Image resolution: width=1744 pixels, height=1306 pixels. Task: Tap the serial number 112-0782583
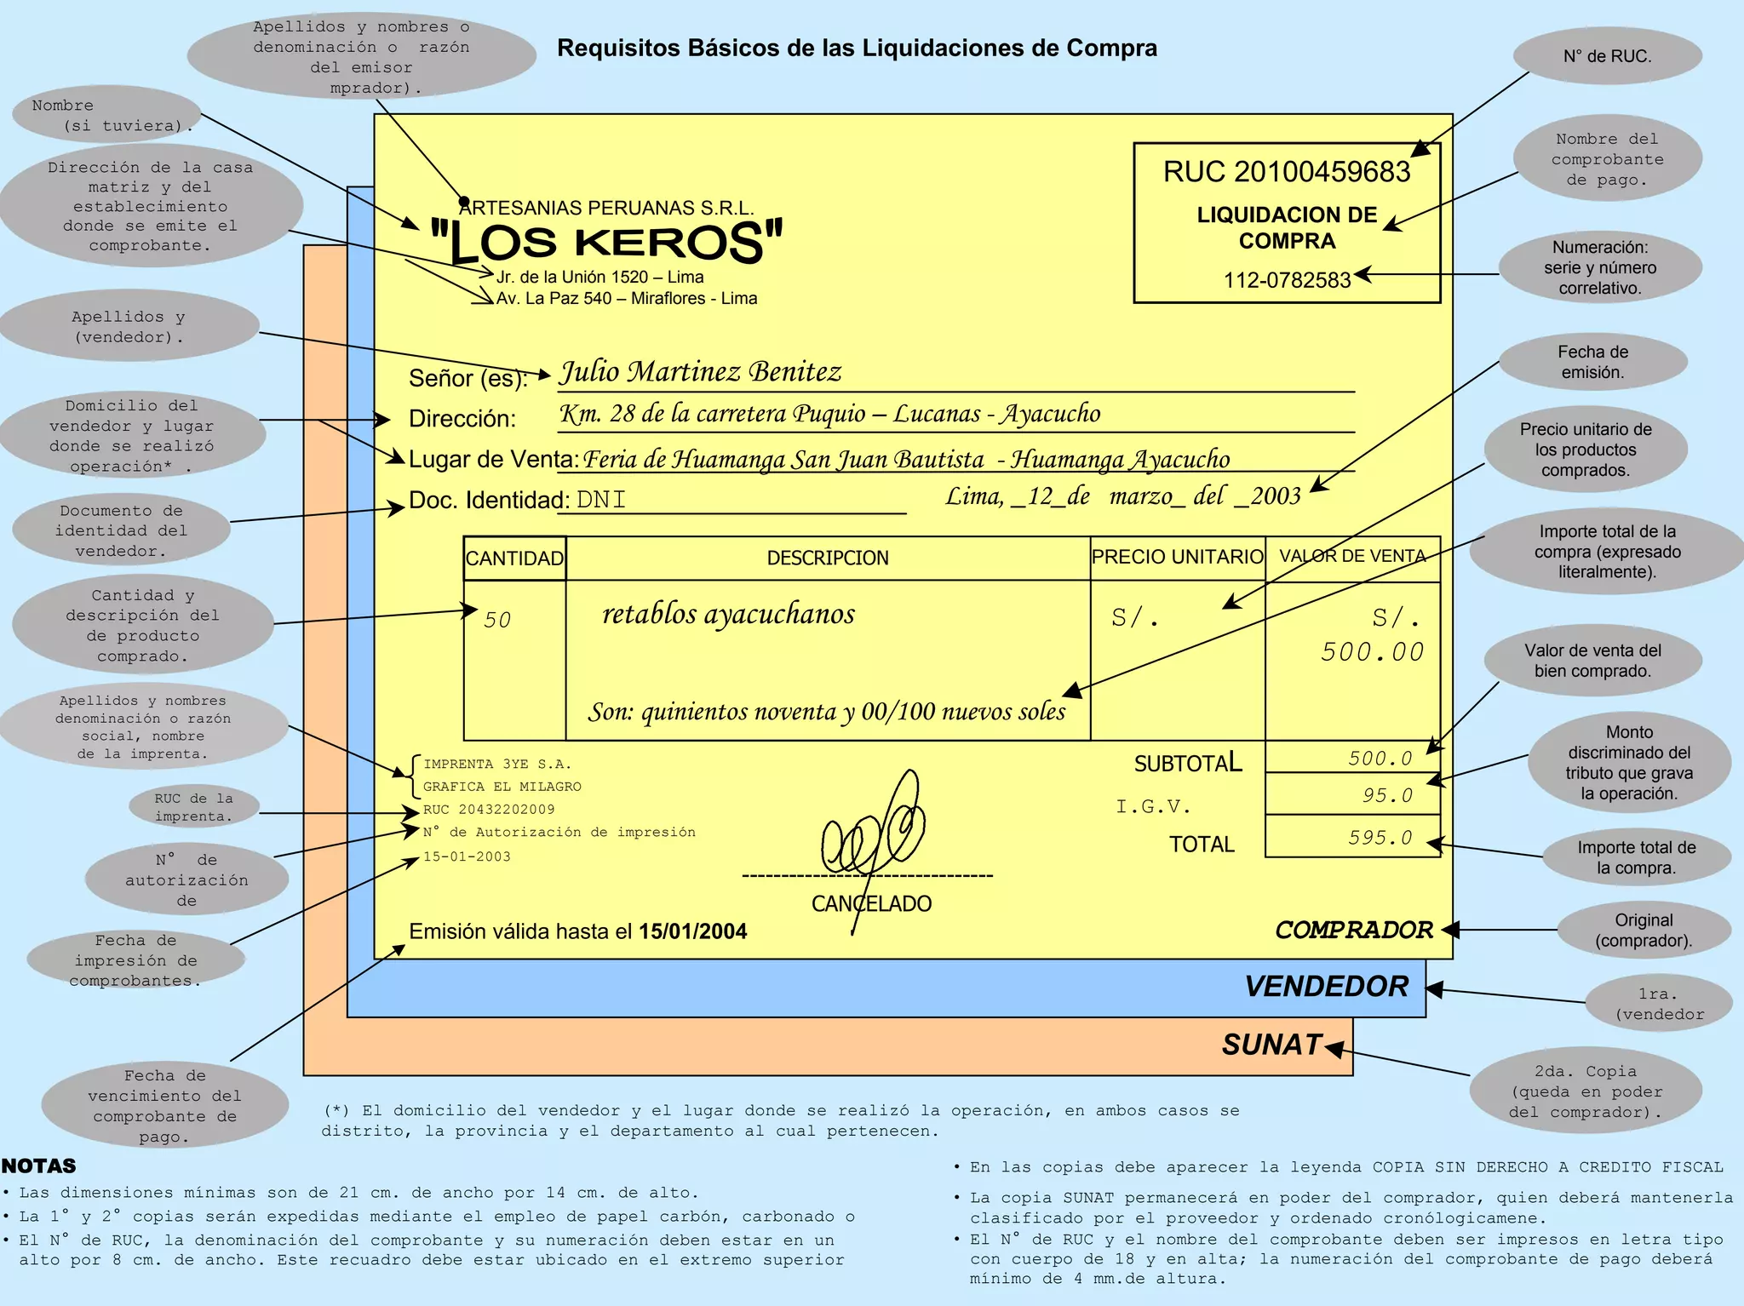tap(1287, 280)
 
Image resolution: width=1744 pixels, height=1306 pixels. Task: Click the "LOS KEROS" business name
tap(606, 242)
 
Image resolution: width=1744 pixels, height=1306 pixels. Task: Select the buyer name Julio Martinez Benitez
tap(700, 372)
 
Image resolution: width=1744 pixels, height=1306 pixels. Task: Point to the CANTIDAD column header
tap(514, 558)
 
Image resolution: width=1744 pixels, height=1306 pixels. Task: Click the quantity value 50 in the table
tap(497, 620)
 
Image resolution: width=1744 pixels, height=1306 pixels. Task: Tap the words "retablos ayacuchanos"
tap(728, 614)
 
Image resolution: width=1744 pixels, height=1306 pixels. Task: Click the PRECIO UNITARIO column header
tap(1177, 557)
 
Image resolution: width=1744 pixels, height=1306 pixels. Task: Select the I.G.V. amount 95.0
tap(1387, 795)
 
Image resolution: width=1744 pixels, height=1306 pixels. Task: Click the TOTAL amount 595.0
tap(1380, 838)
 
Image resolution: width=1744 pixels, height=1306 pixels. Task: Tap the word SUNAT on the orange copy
tap(1271, 1045)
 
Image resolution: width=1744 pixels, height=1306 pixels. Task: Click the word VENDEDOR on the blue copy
tap(1326, 986)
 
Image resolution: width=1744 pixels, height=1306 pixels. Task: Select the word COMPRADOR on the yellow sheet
tap(1354, 930)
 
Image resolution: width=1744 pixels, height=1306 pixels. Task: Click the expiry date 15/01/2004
tap(692, 931)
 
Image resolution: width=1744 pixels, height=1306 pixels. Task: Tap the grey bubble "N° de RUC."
tap(1607, 56)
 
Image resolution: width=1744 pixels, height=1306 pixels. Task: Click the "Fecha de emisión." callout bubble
tap(1592, 362)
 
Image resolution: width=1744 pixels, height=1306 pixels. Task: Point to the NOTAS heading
tap(39, 1166)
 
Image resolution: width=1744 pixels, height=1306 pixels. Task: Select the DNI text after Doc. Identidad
tap(601, 500)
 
